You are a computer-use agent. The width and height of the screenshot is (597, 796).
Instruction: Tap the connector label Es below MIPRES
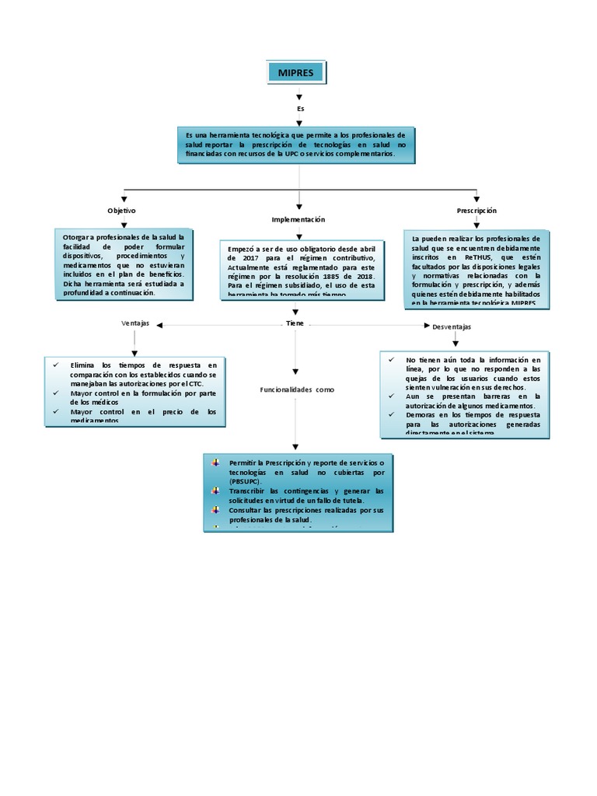pyautogui.click(x=300, y=109)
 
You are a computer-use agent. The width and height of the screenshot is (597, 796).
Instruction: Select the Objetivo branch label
pyautogui.click(x=122, y=211)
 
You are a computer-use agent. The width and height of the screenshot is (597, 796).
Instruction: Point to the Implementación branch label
pyautogui.click(x=298, y=220)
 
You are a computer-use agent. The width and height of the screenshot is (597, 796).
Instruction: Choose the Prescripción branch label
pyautogui.click(x=477, y=211)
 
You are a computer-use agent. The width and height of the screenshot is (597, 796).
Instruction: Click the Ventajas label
pyautogui.click(x=135, y=323)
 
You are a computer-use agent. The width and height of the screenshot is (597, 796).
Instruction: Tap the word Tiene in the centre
pyautogui.click(x=295, y=323)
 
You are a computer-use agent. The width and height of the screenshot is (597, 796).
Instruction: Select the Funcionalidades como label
pyautogui.click(x=297, y=389)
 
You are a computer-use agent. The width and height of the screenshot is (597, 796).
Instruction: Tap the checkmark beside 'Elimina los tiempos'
pyautogui.click(x=56, y=365)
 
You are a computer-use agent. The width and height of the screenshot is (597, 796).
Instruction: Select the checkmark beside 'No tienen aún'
pyautogui.click(x=391, y=360)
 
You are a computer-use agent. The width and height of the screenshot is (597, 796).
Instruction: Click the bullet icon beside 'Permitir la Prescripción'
pyautogui.click(x=215, y=463)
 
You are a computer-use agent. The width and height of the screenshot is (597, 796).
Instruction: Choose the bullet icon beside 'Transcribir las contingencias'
pyautogui.click(x=215, y=491)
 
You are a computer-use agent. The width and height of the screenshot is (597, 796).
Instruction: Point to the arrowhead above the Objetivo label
pyautogui.click(x=124, y=200)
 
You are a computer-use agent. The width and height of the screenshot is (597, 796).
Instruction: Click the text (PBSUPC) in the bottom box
pyautogui.click(x=250, y=482)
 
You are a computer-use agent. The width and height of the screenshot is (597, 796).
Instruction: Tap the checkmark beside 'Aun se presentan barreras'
pyautogui.click(x=391, y=396)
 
